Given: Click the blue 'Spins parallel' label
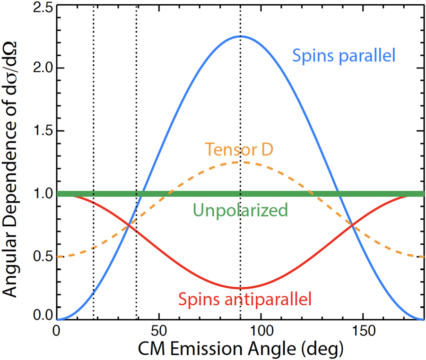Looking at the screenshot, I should click(344, 56).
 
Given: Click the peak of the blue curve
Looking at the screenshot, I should click(240, 36).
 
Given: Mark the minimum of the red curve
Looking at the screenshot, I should click(240, 288).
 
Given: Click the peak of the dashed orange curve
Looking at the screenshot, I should click(240, 162).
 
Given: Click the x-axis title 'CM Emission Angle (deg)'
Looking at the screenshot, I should click(241, 349).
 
